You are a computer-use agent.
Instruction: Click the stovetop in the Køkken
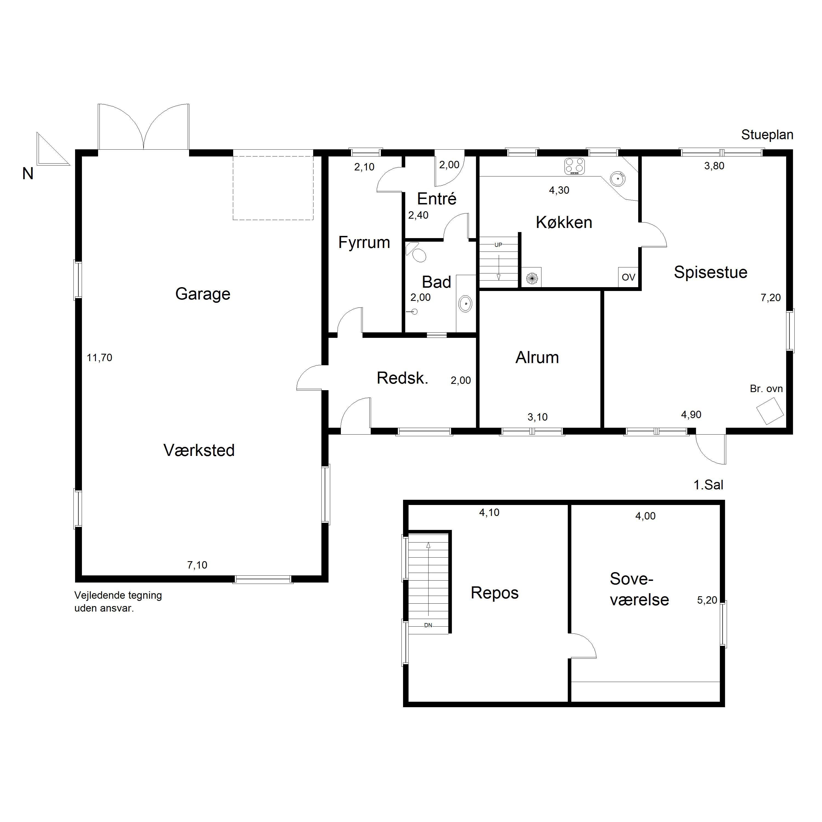tap(574, 166)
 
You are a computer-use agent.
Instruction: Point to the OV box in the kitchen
tap(628, 277)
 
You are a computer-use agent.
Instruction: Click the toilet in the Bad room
tap(417, 253)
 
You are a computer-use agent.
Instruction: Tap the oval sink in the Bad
tap(466, 304)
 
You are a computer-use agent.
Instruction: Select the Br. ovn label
tap(766, 389)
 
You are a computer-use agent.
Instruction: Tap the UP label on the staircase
tap(498, 245)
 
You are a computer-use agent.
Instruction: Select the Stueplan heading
tap(767, 135)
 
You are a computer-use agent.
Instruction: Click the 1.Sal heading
tap(708, 485)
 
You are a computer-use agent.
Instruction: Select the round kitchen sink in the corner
tap(618, 179)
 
